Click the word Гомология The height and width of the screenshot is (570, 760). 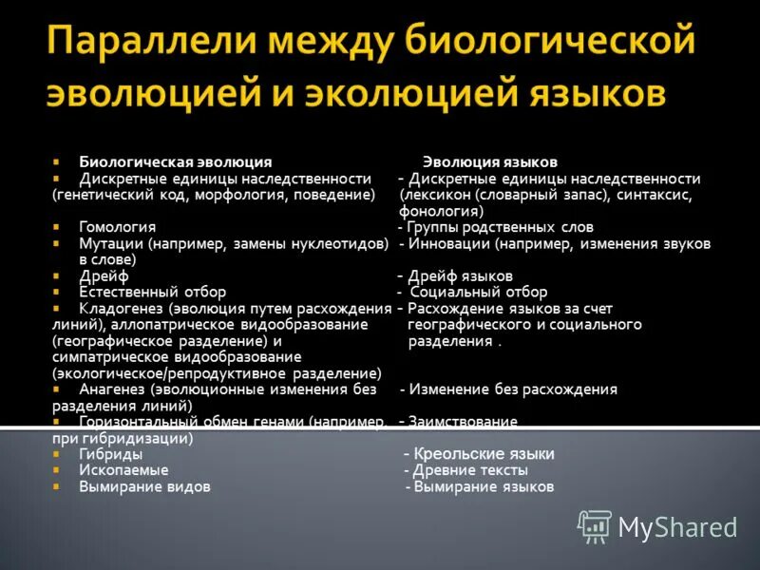point(118,227)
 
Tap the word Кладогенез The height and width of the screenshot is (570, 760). point(122,308)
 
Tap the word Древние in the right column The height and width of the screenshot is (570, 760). point(440,470)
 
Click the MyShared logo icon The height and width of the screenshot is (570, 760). point(596,525)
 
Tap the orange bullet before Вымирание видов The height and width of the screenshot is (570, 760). point(57,486)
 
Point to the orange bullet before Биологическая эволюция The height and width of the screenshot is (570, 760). point(57,162)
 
